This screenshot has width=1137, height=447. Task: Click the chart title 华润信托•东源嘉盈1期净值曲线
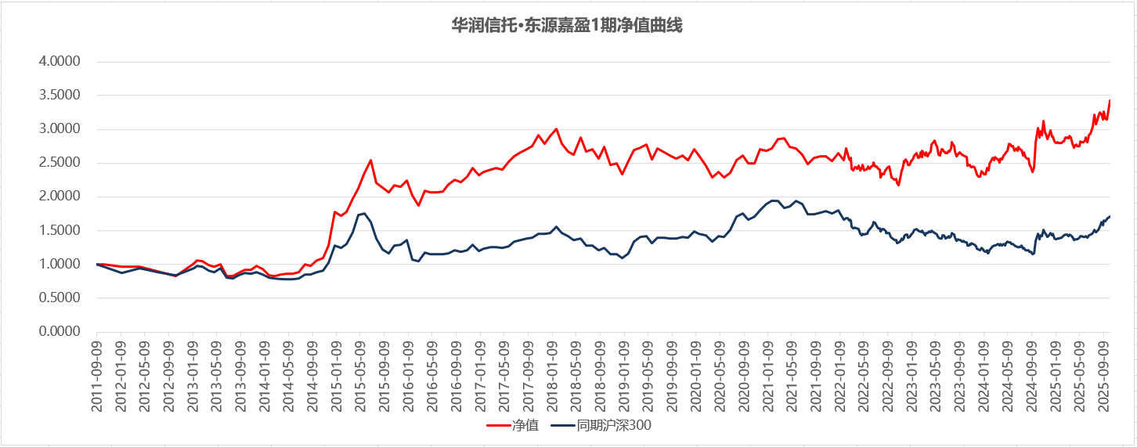568,26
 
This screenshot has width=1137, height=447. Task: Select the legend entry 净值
525,426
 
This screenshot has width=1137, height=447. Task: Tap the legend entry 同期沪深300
614,426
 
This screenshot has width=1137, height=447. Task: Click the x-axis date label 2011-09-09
97,375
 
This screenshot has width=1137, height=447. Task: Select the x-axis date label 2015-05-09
360,375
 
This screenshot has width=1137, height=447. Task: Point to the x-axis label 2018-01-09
551,375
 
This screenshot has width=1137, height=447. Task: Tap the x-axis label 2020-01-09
695,375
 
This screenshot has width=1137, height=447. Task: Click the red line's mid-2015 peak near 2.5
370,160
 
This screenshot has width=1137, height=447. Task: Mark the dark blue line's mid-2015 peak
364,213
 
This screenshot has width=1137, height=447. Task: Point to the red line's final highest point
1110,100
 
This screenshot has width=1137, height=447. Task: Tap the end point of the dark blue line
1110,216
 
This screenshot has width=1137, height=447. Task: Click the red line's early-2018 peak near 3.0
556,129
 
